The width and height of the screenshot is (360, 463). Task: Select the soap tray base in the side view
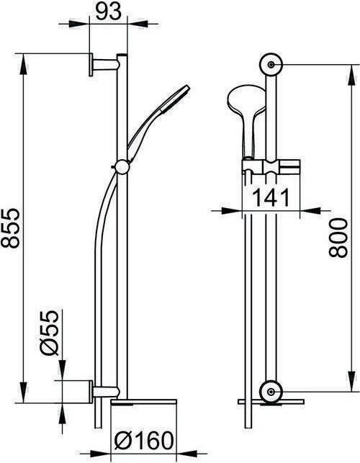(x=144, y=401)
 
